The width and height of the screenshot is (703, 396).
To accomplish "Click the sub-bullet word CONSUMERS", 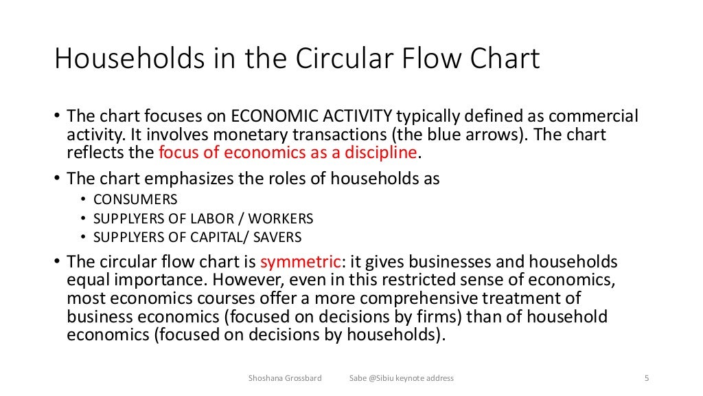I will [135, 200].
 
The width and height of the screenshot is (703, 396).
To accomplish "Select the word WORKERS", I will [281, 219].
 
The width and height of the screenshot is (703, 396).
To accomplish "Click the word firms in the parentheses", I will [431, 317].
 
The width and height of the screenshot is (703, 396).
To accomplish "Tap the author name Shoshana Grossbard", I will [284, 377].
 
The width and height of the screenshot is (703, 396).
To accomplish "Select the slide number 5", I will [647, 377].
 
